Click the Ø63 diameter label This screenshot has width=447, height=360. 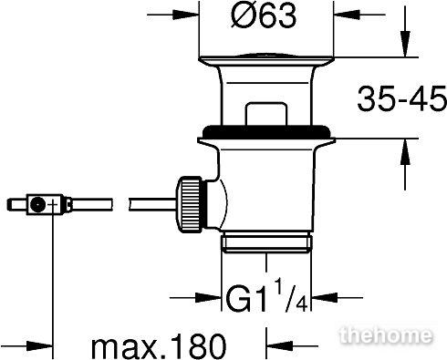click(264, 16)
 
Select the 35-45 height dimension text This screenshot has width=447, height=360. click(401, 98)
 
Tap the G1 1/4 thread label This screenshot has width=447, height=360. click(267, 296)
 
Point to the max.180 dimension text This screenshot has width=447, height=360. click(159, 346)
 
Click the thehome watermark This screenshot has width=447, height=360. click(386, 335)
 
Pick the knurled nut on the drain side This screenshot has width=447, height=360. click(189, 204)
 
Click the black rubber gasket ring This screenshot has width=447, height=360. click(266, 131)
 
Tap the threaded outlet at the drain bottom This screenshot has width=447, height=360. click(266, 242)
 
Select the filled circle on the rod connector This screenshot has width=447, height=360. click(38, 204)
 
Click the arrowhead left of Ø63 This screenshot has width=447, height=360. click(186, 15)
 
